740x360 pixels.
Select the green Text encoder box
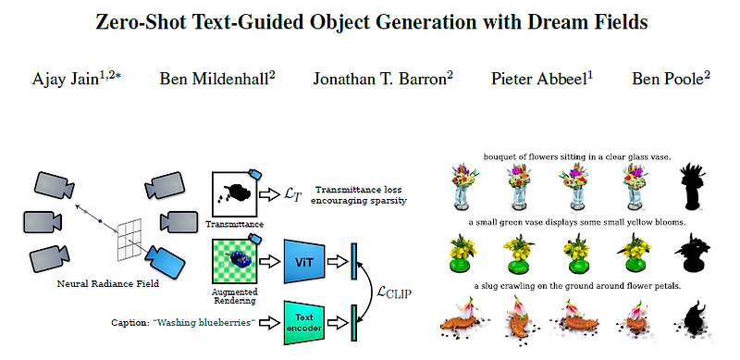[303, 322]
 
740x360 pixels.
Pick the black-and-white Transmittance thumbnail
[233, 193]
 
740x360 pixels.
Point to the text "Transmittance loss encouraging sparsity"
[361, 193]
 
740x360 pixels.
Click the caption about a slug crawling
[575, 286]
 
